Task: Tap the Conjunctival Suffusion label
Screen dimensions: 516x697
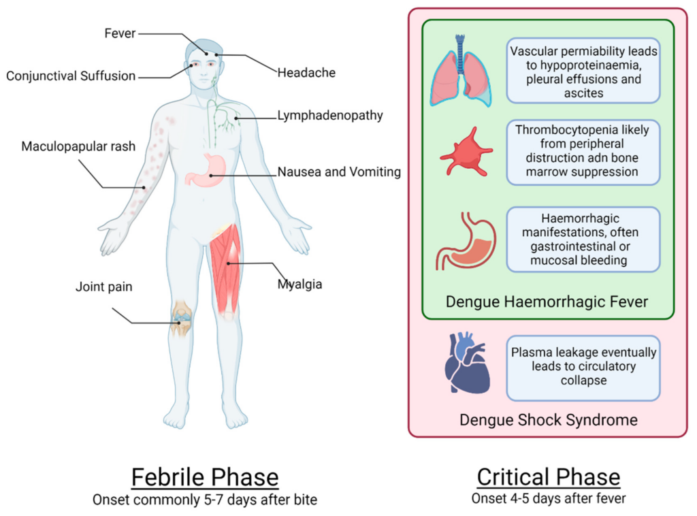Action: point(71,76)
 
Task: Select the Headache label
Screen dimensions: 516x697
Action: point(306,72)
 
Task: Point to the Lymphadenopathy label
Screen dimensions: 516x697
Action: point(329,116)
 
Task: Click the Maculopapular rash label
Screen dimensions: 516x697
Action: point(78,146)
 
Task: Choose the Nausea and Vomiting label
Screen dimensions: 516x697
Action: point(338,172)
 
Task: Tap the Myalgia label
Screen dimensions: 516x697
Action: point(299,284)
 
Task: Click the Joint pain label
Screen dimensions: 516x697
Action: point(103,287)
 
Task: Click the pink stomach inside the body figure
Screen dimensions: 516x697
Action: point(204,171)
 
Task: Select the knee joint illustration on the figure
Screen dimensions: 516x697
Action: point(181,319)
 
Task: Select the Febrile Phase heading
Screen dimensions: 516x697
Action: point(204,477)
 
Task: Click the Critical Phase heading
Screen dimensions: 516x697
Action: point(548,477)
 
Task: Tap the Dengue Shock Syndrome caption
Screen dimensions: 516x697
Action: point(548,419)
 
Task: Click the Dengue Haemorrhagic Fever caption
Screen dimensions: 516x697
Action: point(548,301)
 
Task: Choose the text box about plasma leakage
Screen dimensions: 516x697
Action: point(583,367)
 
